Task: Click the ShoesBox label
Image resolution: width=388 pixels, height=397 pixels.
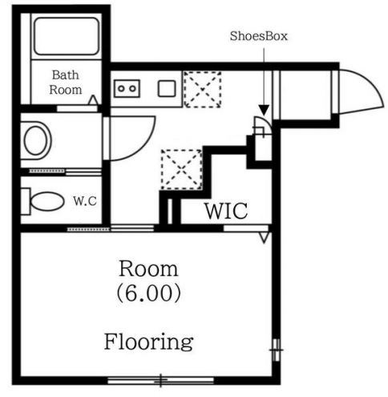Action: pos(259,36)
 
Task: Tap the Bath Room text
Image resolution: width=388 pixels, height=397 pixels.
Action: pos(66,83)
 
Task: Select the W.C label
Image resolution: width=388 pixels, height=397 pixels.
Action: pos(85,201)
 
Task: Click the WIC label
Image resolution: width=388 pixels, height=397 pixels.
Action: pos(226,211)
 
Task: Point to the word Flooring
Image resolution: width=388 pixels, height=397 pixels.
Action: pos(148,342)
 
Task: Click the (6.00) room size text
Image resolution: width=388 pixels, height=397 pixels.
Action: pos(148,293)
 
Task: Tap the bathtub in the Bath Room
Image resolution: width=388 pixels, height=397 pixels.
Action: pos(67,36)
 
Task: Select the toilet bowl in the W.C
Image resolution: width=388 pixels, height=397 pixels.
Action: pos(47,201)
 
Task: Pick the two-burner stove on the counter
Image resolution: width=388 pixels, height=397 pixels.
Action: pos(127,88)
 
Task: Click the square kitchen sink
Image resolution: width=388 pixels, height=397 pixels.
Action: pos(167,88)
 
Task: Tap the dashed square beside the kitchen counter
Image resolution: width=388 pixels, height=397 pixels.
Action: pos(203,89)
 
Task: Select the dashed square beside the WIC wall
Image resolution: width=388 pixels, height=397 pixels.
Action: pos(181,169)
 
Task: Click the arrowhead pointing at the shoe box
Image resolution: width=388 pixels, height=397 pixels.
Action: pos(264,110)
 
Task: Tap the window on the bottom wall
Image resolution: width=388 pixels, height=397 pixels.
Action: pos(161,380)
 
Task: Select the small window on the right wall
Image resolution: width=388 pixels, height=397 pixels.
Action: pos(277,350)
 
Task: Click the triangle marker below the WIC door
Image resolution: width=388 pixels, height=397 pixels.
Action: pos(264,237)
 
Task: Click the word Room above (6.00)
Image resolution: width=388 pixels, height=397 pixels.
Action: pos(148,269)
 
